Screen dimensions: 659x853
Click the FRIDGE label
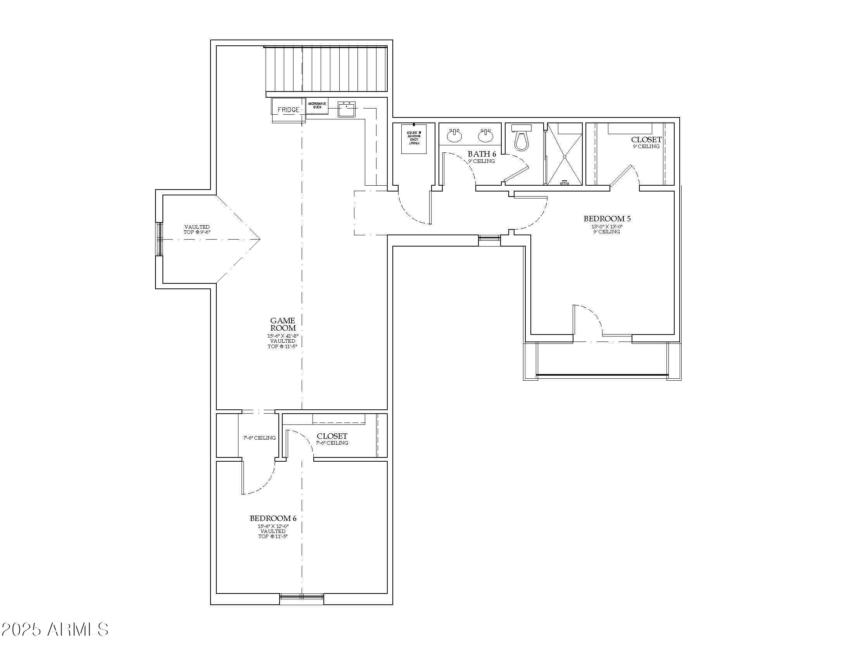point(288,110)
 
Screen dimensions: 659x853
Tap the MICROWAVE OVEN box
point(317,105)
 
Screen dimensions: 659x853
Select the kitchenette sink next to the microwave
point(346,109)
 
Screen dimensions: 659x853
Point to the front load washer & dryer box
point(414,139)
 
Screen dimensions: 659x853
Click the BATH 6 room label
point(482,154)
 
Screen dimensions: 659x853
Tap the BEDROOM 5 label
point(607,219)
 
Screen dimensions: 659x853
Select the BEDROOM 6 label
point(273,518)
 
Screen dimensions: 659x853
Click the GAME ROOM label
point(283,324)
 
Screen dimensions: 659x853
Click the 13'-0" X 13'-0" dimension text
point(606,226)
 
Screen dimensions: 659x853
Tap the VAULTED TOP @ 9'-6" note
point(197,229)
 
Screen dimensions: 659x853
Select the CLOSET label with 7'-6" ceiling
point(332,436)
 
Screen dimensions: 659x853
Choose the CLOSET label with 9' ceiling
point(646,140)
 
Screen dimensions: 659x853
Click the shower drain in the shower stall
point(565,157)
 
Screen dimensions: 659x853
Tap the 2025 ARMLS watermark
point(55,629)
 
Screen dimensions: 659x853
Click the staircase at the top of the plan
point(326,69)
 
